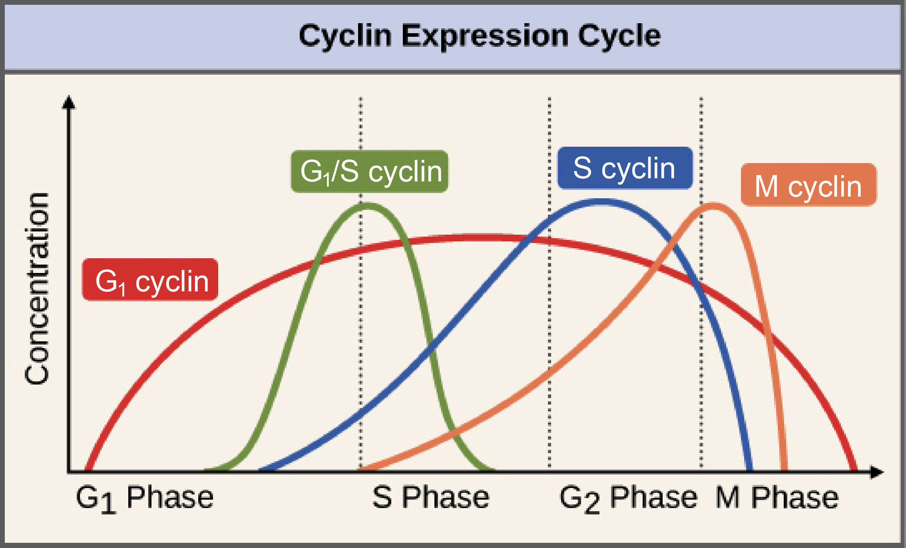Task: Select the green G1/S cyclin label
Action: [x=370, y=171]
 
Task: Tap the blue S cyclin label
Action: [x=625, y=168]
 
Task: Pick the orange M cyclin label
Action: [x=808, y=185]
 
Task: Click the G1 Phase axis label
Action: [x=145, y=498]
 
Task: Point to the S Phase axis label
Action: [x=431, y=497]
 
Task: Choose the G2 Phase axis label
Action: [x=628, y=498]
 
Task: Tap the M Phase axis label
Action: [x=777, y=497]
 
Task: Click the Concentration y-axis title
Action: [x=37, y=289]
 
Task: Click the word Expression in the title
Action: [x=485, y=36]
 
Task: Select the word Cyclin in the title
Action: [x=345, y=36]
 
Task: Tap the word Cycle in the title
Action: [x=619, y=36]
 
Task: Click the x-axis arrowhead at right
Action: [x=877, y=472]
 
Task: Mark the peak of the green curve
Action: [x=367, y=206]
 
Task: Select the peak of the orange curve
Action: [x=713, y=206]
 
